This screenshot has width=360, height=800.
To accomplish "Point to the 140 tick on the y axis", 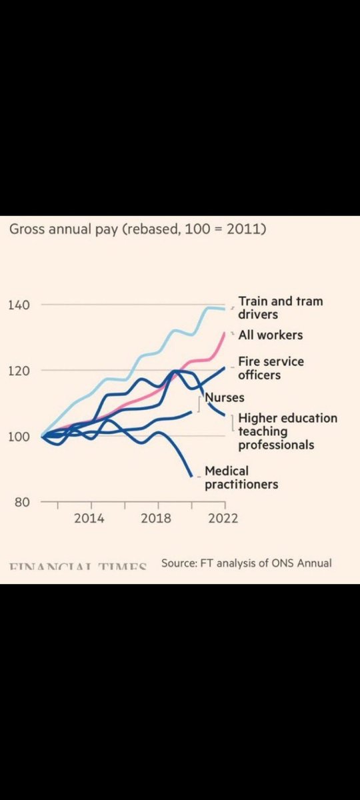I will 19,305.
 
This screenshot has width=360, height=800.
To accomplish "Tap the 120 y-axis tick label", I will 19,370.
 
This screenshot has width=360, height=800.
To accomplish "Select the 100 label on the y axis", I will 19,436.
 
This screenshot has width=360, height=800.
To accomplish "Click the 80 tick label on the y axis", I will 23,501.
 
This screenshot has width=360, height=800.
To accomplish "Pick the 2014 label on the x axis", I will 89,519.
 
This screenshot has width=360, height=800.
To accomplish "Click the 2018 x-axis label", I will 155,519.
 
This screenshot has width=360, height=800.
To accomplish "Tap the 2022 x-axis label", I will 223,519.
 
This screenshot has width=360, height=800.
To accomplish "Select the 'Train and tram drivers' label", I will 280,307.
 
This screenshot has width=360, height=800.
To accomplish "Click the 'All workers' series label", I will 270,335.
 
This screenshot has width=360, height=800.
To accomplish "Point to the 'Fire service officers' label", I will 271,368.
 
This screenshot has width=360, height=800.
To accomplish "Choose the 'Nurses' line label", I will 225,397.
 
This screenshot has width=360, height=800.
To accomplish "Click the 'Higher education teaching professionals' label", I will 287,431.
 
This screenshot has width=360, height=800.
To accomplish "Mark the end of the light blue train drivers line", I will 225,309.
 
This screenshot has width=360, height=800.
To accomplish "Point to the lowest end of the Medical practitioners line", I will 193,475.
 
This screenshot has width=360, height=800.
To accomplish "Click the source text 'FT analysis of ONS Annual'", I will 246,563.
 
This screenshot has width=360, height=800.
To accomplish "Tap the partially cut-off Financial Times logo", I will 78,567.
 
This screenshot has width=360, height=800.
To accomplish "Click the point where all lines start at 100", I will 42,436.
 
